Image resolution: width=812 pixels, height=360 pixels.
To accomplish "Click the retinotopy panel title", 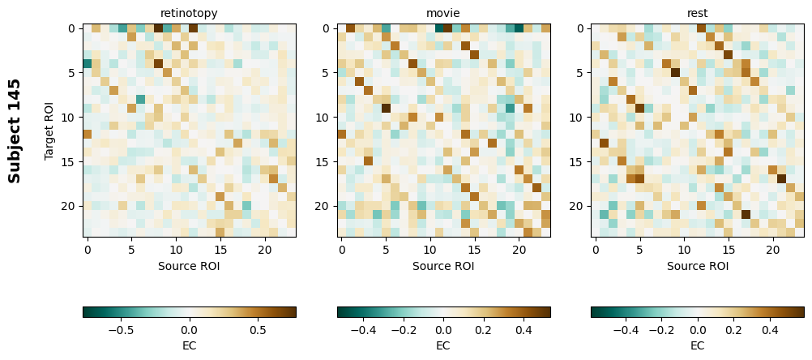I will [x=189, y=14].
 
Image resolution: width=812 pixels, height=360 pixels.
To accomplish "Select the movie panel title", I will [x=443, y=14].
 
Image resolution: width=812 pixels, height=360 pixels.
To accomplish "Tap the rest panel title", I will [x=698, y=14].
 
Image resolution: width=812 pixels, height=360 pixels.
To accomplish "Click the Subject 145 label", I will [x=15, y=131].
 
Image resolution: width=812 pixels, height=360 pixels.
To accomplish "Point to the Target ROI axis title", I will [x=49, y=131].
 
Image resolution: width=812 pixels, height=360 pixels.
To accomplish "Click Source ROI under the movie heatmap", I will [x=443, y=265].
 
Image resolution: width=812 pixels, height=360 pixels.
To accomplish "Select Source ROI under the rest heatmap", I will [x=698, y=265].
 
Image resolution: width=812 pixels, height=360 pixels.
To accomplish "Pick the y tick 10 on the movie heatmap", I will [x=323, y=118].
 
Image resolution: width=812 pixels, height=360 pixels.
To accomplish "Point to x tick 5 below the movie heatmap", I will [x=386, y=250].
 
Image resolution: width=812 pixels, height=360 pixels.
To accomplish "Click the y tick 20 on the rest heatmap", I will [x=578, y=207].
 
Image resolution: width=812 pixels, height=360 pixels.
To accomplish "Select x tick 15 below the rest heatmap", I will [x=729, y=250].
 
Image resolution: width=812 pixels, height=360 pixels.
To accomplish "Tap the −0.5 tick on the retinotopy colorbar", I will [x=121, y=331].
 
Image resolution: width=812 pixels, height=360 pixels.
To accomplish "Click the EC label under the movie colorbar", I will [x=443, y=345].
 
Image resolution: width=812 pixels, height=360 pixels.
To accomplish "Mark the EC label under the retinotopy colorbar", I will [x=189, y=345].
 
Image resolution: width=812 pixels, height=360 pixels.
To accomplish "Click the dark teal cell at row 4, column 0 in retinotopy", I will [x=88, y=63].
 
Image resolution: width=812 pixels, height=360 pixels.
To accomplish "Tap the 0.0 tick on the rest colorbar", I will [x=698, y=331].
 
